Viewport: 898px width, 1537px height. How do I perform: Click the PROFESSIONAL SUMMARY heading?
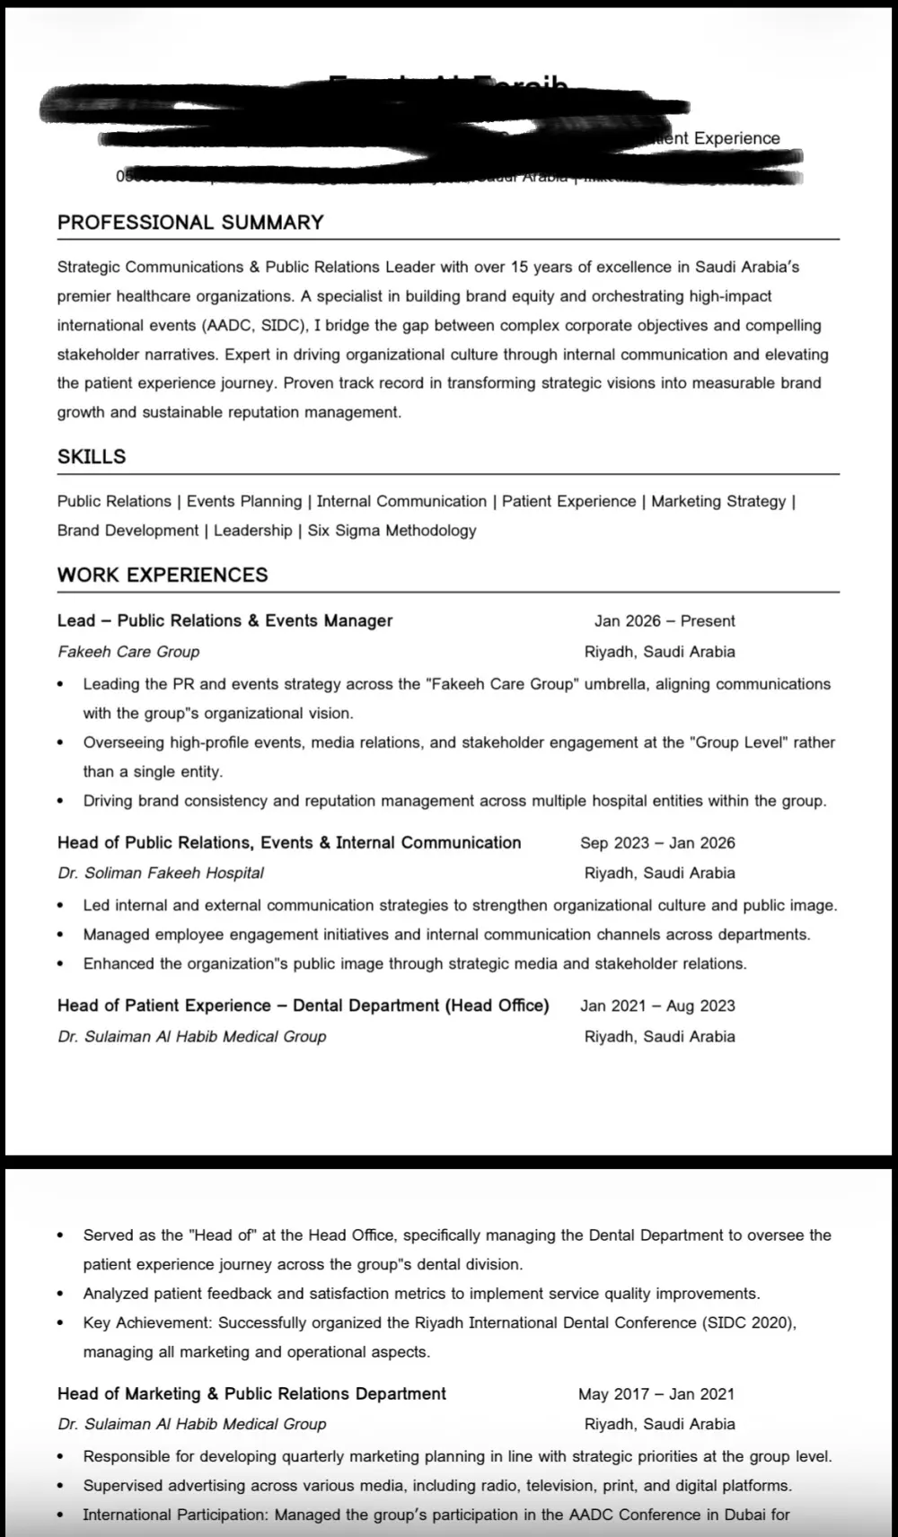[x=190, y=223]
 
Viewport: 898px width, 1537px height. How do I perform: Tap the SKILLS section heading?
[x=92, y=457]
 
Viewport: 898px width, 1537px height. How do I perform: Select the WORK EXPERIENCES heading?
[x=163, y=575]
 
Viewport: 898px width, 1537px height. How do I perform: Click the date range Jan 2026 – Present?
[x=665, y=621]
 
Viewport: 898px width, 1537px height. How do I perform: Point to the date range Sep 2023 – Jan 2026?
[x=657, y=843]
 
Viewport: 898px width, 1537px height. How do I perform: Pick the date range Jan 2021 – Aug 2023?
[x=657, y=1006]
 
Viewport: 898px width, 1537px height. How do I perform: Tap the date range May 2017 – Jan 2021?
[x=656, y=1394]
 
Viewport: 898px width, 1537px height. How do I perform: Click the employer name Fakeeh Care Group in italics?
[x=128, y=652]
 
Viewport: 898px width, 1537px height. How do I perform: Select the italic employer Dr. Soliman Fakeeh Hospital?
[x=161, y=874]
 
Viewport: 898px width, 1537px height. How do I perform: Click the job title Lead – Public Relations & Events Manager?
[x=225, y=621]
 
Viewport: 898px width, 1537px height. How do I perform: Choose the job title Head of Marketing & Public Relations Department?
[x=251, y=1394]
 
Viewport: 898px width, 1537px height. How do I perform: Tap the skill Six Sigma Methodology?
[x=392, y=531]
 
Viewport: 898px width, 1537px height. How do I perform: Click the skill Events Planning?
[x=244, y=502]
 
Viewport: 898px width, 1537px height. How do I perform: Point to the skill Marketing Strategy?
[x=718, y=502]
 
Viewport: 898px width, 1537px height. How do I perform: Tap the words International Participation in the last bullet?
[x=174, y=1515]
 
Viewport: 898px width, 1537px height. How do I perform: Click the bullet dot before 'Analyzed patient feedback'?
[x=60, y=1295]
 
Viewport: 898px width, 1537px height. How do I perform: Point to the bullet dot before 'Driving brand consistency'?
[x=60, y=801]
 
